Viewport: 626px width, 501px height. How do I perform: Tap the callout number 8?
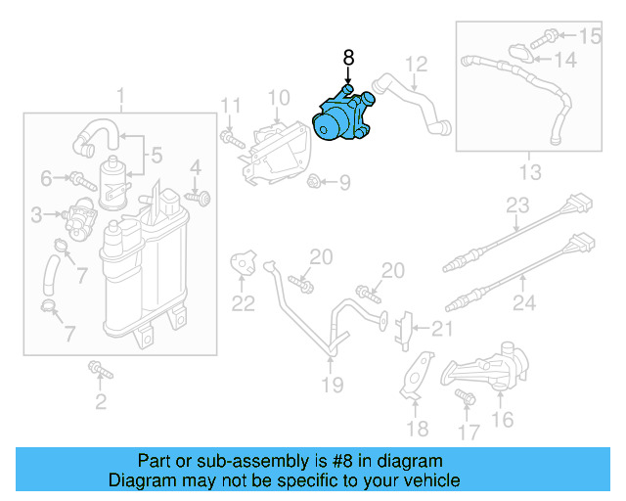pos(348,58)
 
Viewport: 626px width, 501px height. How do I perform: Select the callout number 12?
pos(417,65)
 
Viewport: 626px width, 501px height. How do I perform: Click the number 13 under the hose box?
pos(529,173)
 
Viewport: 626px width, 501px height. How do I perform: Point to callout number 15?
pos(590,37)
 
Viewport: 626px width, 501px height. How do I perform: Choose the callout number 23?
pos(516,206)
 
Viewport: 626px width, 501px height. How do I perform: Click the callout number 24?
pos(524,303)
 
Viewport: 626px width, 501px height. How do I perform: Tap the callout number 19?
pos(333,385)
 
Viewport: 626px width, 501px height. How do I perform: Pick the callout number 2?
pos(100,402)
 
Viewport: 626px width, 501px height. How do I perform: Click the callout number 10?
pos(278,97)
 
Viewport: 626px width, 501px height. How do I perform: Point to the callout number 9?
pos(343,182)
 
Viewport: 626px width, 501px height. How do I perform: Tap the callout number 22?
pos(243,303)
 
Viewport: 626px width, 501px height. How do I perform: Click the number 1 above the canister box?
pos(121,97)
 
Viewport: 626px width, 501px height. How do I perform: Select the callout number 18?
pos(418,429)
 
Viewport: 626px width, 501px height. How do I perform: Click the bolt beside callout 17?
pos(463,397)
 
